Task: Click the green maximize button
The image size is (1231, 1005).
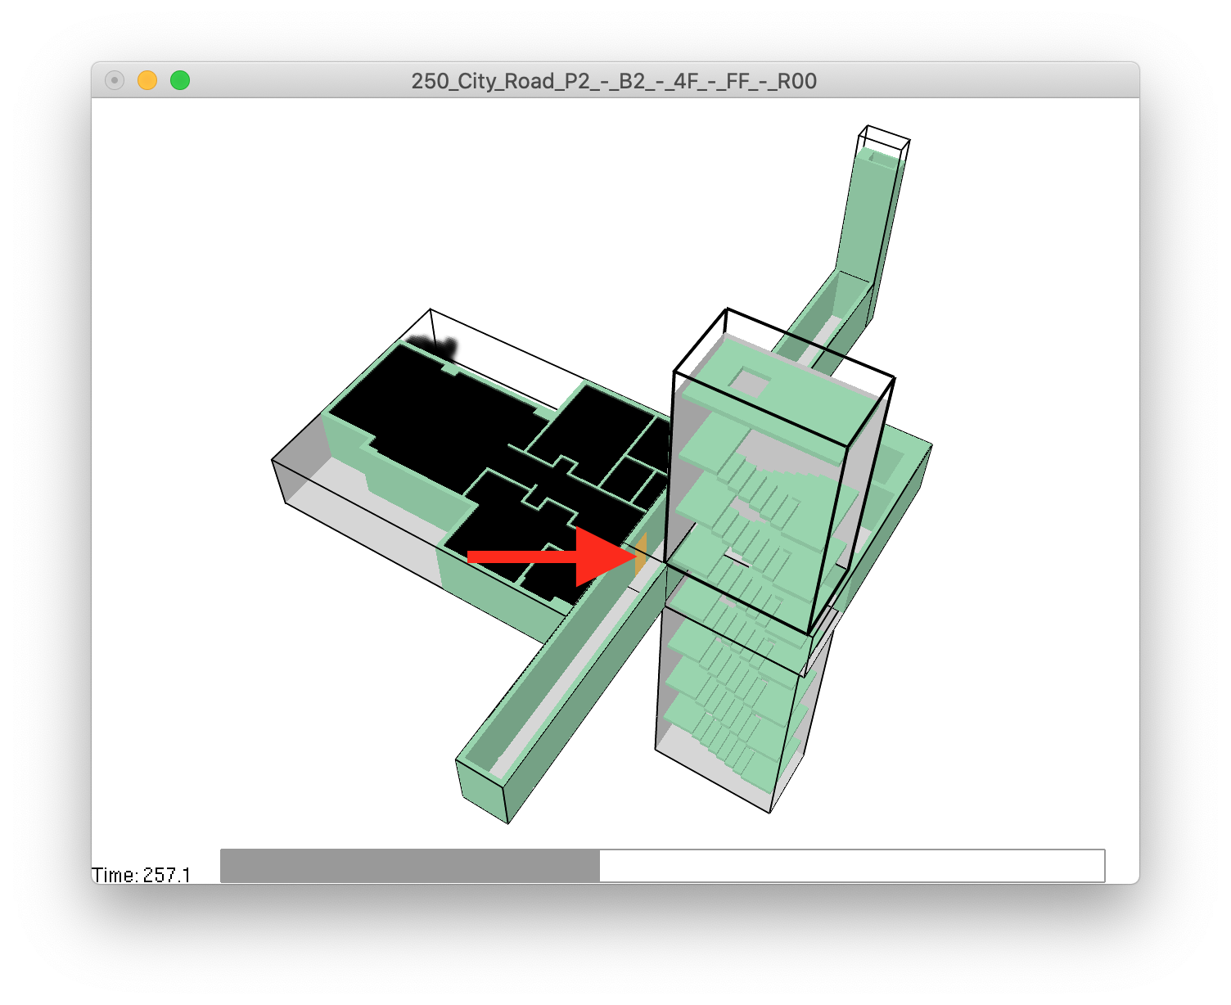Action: (180, 80)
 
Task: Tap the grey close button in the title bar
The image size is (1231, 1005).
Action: (115, 80)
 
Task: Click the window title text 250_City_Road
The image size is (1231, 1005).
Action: (614, 81)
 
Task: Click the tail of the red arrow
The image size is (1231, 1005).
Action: (471, 557)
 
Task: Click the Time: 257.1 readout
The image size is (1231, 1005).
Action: (142, 875)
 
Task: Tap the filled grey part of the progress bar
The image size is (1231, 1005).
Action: (409, 866)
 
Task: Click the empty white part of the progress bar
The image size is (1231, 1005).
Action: (851, 866)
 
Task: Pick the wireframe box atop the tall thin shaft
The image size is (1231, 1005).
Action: (884, 143)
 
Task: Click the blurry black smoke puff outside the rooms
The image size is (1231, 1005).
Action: (434, 345)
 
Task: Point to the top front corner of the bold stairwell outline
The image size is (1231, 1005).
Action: (674, 372)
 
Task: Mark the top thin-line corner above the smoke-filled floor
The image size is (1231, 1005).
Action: (431, 310)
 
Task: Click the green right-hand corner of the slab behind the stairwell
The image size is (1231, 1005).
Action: (931, 447)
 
